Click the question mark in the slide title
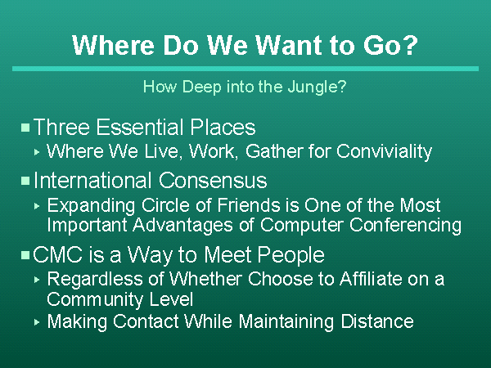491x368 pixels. (x=410, y=45)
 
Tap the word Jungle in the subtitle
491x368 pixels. (x=313, y=87)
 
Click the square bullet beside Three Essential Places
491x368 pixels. (x=25, y=128)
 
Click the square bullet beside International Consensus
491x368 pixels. (x=25, y=181)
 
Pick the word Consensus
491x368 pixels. (x=213, y=181)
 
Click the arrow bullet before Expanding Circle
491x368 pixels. (x=37, y=206)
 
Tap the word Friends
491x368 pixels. (x=250, y=205)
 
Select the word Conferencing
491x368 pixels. (x=405, y=226)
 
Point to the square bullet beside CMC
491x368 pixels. (x=25, y=255)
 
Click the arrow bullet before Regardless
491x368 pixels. (x=37, y=280)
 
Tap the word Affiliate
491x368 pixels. (x=371, y=279)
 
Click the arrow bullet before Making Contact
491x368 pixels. (x=37, y=322)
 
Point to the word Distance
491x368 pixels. (x=377, y=321)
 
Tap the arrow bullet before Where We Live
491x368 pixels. (x=37, y=152)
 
